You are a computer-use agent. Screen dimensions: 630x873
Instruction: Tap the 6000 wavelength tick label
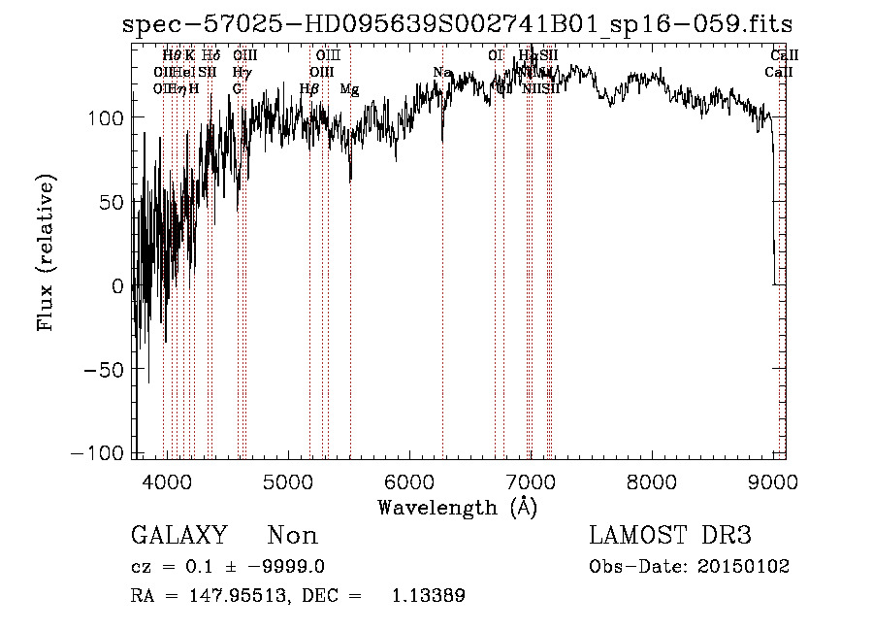[x=409, y=481]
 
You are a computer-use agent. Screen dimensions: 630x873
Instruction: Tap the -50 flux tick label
[x=104, y=370]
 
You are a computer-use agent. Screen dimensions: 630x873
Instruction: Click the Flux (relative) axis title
[x=46, y=251]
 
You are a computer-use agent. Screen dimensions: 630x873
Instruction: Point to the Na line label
[x=442, y=72]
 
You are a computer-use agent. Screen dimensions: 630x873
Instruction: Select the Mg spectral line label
[x=349, y=88]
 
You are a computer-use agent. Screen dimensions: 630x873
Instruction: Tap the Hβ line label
[x=309, y=88]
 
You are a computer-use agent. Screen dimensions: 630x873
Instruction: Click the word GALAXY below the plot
[x=178, y=536]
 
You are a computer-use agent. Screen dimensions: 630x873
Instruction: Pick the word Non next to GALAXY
[x=292, y=536]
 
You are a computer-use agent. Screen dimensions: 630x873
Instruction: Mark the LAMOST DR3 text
[x=670, y=536]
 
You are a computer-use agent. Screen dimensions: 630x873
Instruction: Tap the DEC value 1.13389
[x=428, y=596]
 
